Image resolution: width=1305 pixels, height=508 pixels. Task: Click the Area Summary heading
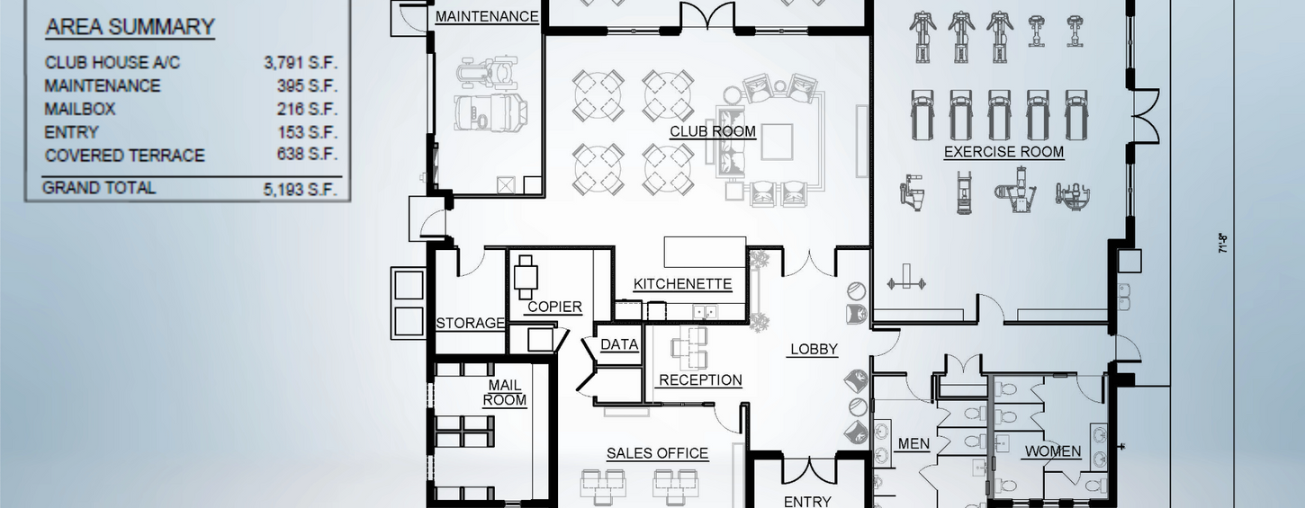click(130, 28)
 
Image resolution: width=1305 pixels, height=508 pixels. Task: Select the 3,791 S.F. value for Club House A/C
click(300, 63)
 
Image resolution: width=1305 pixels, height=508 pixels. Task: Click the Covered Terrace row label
click(124, 156)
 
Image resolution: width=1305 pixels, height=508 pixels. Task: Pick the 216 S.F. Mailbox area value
click(308, 110)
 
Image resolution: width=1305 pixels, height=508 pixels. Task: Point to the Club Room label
click(712, 131)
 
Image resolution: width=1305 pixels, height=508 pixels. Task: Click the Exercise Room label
click(1003, 152)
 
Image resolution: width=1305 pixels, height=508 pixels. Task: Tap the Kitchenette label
click(682, 284)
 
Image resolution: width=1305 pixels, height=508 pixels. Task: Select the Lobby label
click(814, 349)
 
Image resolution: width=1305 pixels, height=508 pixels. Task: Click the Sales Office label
click(657, 453)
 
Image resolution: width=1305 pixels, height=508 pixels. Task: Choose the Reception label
click(700, 379)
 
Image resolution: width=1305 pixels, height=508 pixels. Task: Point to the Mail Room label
click(505, 393)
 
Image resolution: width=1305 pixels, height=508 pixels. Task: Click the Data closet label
click(619, 344)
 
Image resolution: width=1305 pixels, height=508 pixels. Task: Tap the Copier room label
click(554, 307)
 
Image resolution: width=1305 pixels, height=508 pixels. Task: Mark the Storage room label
click(470, 323)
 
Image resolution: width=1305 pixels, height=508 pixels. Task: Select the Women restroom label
click(1053, 451)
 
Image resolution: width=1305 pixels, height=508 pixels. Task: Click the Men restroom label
click(913, 444)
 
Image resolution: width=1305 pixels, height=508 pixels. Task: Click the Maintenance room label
click(487, 16)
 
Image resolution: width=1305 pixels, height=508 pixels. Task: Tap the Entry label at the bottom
click(807, 502)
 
